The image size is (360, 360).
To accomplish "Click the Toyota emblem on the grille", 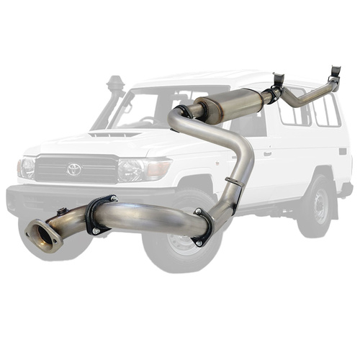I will point(74,169).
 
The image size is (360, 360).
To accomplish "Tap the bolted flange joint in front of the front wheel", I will point(202,228).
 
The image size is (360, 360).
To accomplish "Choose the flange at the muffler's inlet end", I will point(184,112).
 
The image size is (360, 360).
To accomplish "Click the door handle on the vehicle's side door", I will point(267,153).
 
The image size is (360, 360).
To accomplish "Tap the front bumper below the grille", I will point(72,196).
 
